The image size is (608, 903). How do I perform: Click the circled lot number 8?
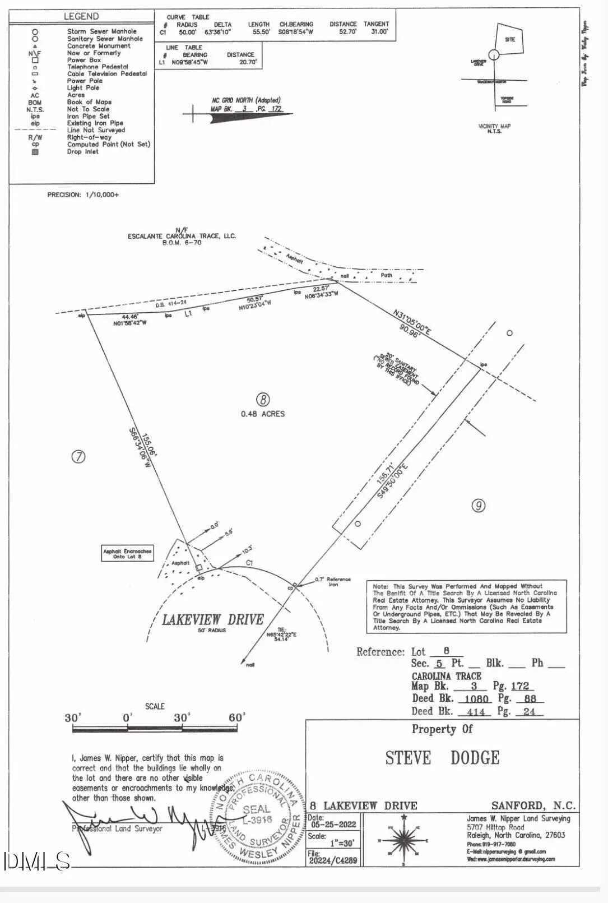click(263, 400)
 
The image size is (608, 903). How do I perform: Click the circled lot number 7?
click(78, 457)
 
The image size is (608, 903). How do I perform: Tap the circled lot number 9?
click(478, 506)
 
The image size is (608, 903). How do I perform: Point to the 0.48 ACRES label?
click(263, 414)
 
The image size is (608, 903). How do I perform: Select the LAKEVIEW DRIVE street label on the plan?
click(212, 620)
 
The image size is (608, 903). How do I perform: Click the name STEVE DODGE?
click(442, 758)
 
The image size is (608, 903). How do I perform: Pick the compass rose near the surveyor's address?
click(403, 840)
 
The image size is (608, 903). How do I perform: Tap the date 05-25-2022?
click(333, 825)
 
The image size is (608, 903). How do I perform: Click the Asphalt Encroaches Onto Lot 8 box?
click(127, 554)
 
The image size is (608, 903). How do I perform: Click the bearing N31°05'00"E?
click(412, 323)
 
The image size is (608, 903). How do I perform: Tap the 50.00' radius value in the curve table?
click(187, 33)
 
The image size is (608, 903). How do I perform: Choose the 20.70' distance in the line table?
click(247, 63)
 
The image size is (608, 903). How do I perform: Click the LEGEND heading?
click(81, 17)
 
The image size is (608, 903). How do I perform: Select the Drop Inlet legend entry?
click(82, 152)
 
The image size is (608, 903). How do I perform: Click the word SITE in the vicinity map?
click(510, 40)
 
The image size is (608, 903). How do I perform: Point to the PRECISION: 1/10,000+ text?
click(83, 195)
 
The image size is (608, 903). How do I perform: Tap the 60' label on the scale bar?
click(236, 718)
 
